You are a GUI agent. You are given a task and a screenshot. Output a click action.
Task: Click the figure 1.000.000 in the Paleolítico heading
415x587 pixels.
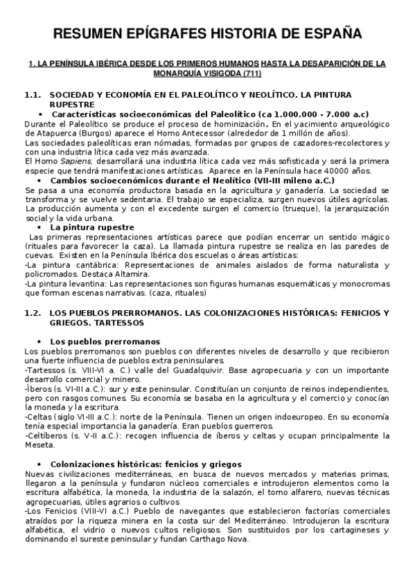[x=283, y=114]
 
